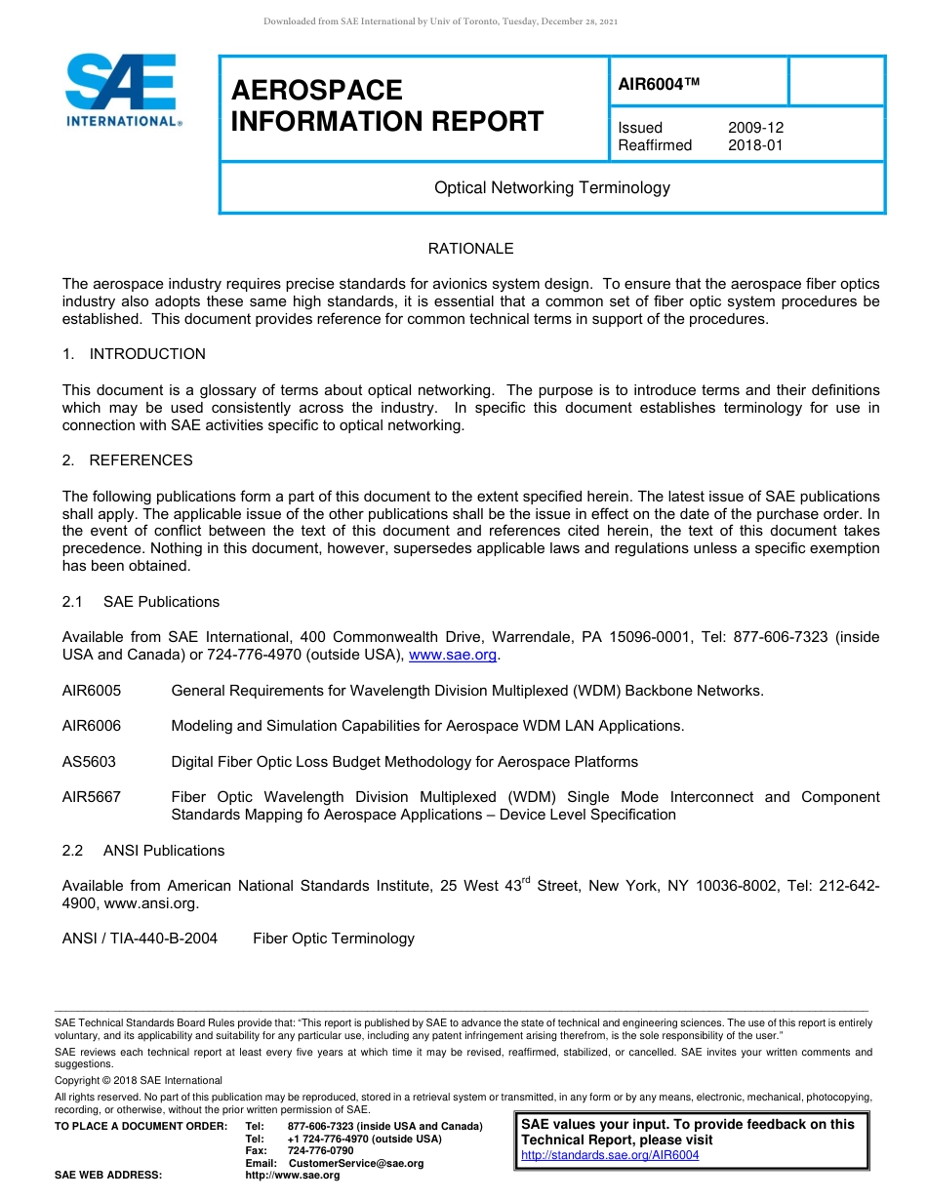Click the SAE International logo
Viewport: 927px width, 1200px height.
[122, 91]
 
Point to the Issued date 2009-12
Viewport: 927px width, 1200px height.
[755, 128]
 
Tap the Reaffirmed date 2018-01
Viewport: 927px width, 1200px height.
[755, 145]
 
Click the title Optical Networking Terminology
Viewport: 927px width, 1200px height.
[551, 187]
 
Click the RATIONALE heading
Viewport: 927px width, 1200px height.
[470, 249]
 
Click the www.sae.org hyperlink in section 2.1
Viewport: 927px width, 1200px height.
[453, 655]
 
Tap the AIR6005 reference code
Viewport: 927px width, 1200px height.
[92, 691]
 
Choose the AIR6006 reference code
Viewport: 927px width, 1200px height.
[92, 726]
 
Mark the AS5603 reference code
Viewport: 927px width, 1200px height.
[89, 762]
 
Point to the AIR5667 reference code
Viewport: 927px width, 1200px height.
[92, 797]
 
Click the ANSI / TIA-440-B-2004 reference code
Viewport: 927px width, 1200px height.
[140, 939]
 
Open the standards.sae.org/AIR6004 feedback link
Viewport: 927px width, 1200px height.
[610, 1155]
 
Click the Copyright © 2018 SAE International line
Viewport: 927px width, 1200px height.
[139, 1080]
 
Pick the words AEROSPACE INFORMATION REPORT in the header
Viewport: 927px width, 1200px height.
[387, 105]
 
